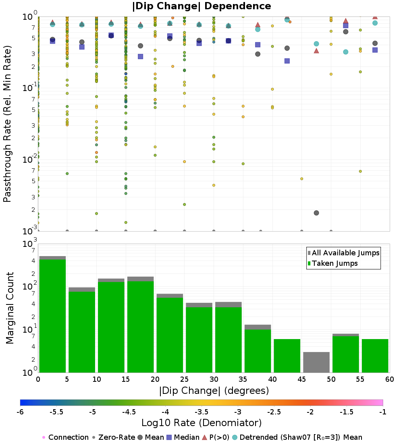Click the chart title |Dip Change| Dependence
pos(201,6)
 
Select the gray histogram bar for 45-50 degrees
pos(316,362)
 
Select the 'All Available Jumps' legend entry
pos(343,253)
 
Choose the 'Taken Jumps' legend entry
pos(332,263)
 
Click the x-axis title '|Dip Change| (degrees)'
pos(214,391)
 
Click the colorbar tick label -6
pos(20,412)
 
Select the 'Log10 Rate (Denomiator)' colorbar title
pos(201,423)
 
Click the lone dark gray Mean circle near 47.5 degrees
pos(316,213)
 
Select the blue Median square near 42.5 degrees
pos(287,61)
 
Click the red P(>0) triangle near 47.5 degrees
pos(316,51)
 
